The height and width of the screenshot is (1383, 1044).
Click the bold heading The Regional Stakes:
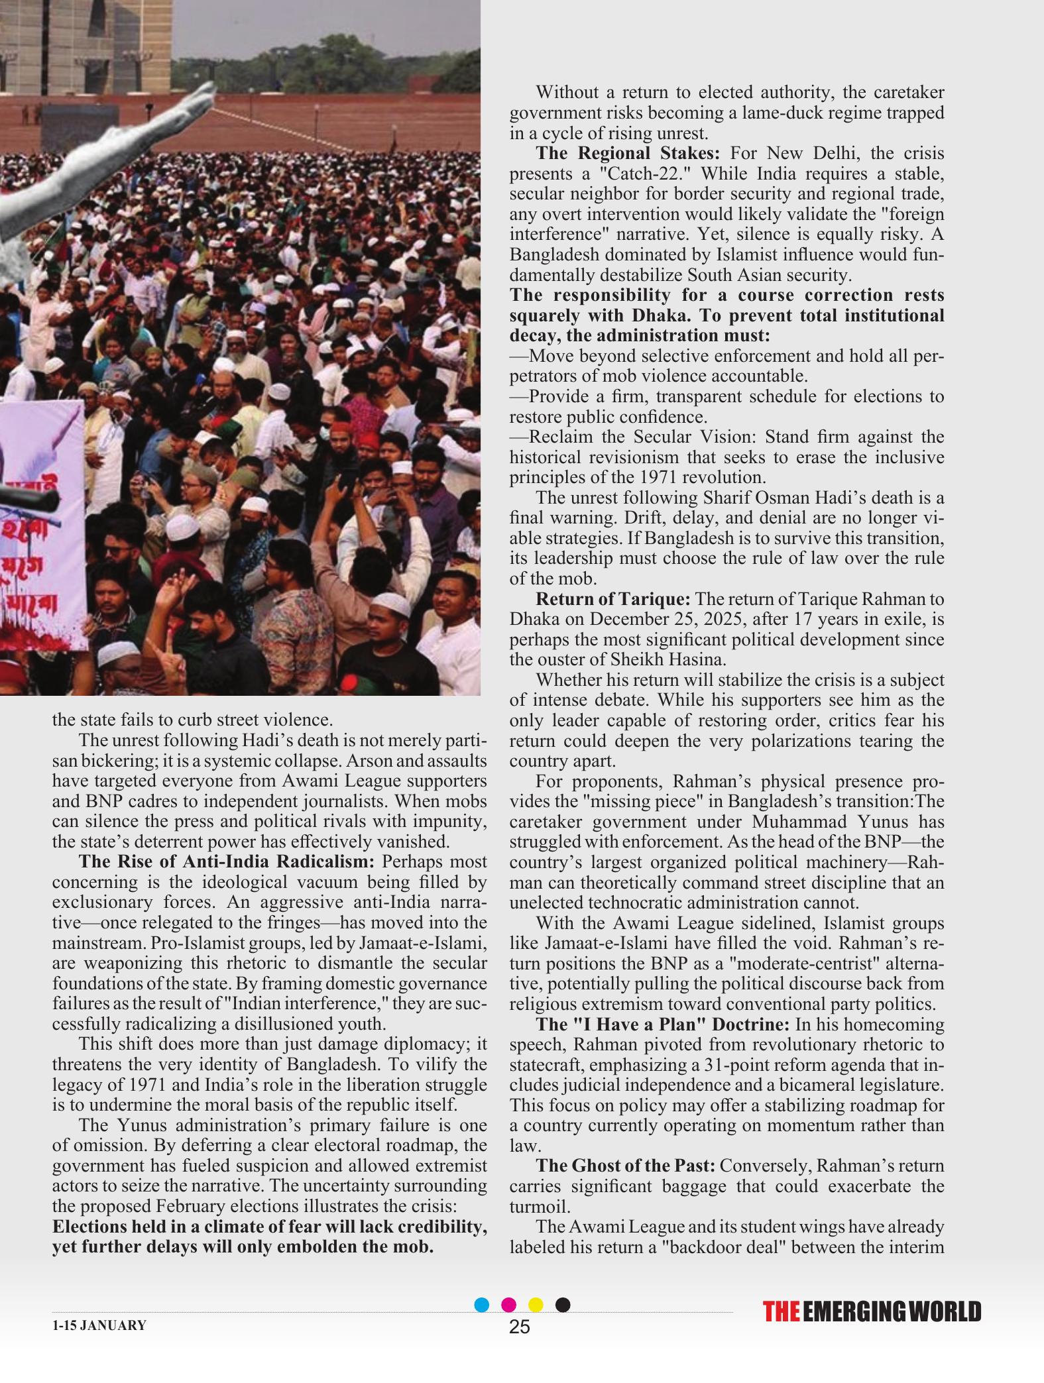pyautogui.click(x=627, y=153)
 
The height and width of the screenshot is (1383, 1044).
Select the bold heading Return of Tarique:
pyautogui.click(x=612, y=599)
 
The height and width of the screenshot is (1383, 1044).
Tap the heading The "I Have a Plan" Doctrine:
pyautogui.click(x=662, y=1024)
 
